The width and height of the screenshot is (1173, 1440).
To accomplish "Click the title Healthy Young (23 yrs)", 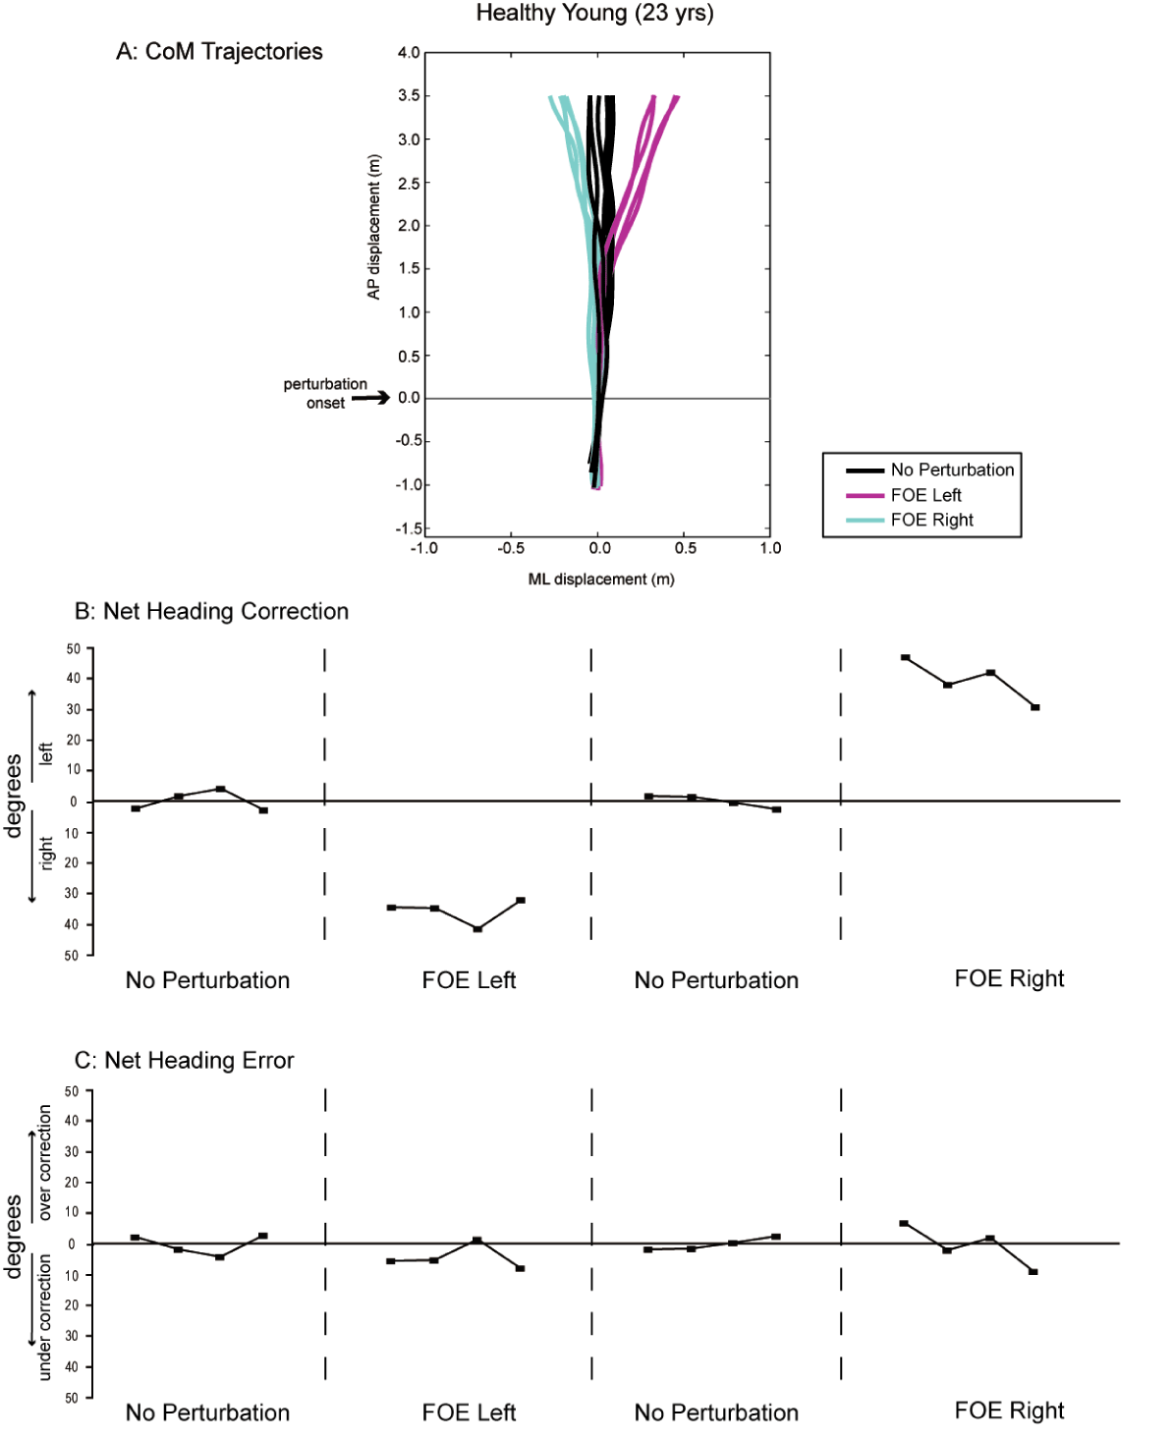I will [594, 14].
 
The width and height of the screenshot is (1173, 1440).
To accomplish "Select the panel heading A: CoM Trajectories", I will [219, 52].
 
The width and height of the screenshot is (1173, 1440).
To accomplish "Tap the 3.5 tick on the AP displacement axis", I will [409, 95].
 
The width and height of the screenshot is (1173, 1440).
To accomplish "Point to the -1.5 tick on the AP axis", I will [409, 528].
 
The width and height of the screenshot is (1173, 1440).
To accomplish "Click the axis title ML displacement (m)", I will [601, 580].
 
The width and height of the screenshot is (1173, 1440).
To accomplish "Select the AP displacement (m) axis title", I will [373, 227].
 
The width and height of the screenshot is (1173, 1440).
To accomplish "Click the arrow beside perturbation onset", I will [370, 398].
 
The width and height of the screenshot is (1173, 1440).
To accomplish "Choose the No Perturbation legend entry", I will [951, 470].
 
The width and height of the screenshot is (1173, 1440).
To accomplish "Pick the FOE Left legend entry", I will [924, 495].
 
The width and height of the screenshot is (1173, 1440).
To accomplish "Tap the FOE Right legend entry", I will [930, 520].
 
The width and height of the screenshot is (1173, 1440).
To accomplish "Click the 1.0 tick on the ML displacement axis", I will [770, 548].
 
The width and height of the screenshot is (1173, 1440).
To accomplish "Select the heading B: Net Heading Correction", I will [211, 611].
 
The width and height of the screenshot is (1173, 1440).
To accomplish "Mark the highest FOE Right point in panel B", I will [905, 657].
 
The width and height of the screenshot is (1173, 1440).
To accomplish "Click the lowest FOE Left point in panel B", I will [477, 928].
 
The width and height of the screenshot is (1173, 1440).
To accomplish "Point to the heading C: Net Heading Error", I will [184, 1060].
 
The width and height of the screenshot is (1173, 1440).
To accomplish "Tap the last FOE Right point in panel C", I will [1033, 1272].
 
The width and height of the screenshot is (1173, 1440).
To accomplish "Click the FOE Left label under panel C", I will [469, 1412].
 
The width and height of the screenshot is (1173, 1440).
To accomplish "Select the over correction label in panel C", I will [44, 1163].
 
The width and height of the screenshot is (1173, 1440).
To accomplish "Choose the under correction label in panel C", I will [44, 1317].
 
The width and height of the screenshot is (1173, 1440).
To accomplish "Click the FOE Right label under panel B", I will [1009, 978].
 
